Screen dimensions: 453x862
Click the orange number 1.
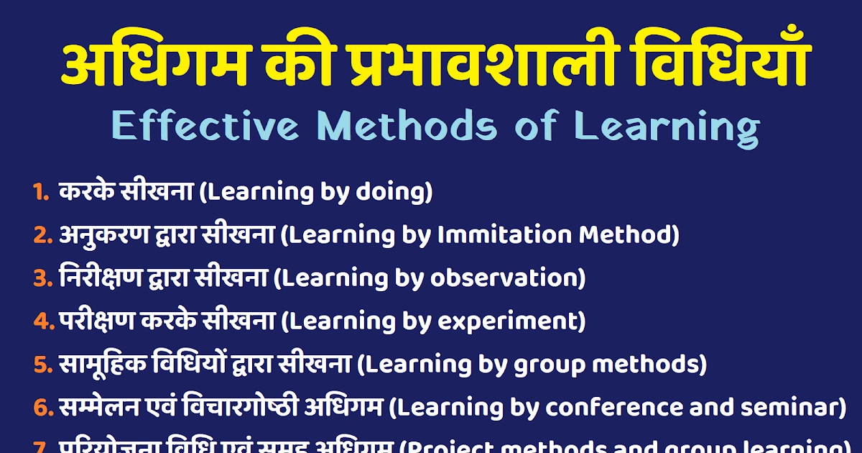(x=41, y=192)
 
